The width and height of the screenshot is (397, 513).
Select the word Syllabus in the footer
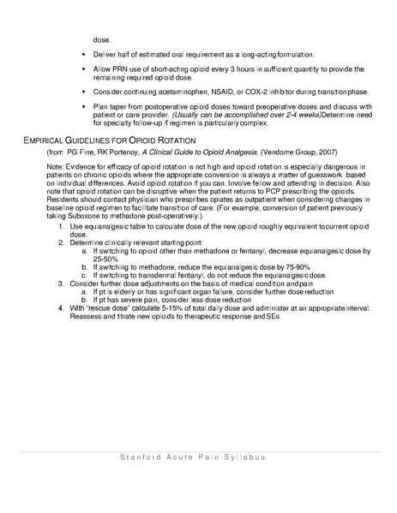point(244,458)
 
